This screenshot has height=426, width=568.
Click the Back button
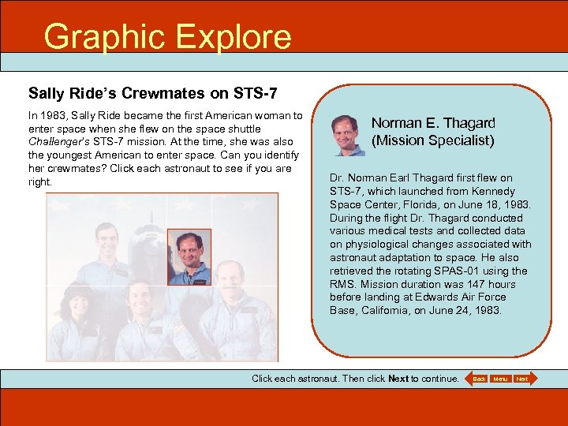tap(479, 379)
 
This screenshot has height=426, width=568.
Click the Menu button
tap(501, 379)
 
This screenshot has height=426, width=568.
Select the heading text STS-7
tap(255, 94)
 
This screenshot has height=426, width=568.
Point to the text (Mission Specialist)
tap(433, 140)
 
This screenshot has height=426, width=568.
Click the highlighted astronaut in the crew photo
tap(189, 256)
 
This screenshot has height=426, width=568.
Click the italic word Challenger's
tap(62, 141)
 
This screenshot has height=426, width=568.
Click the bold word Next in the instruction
tap(398, 379)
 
